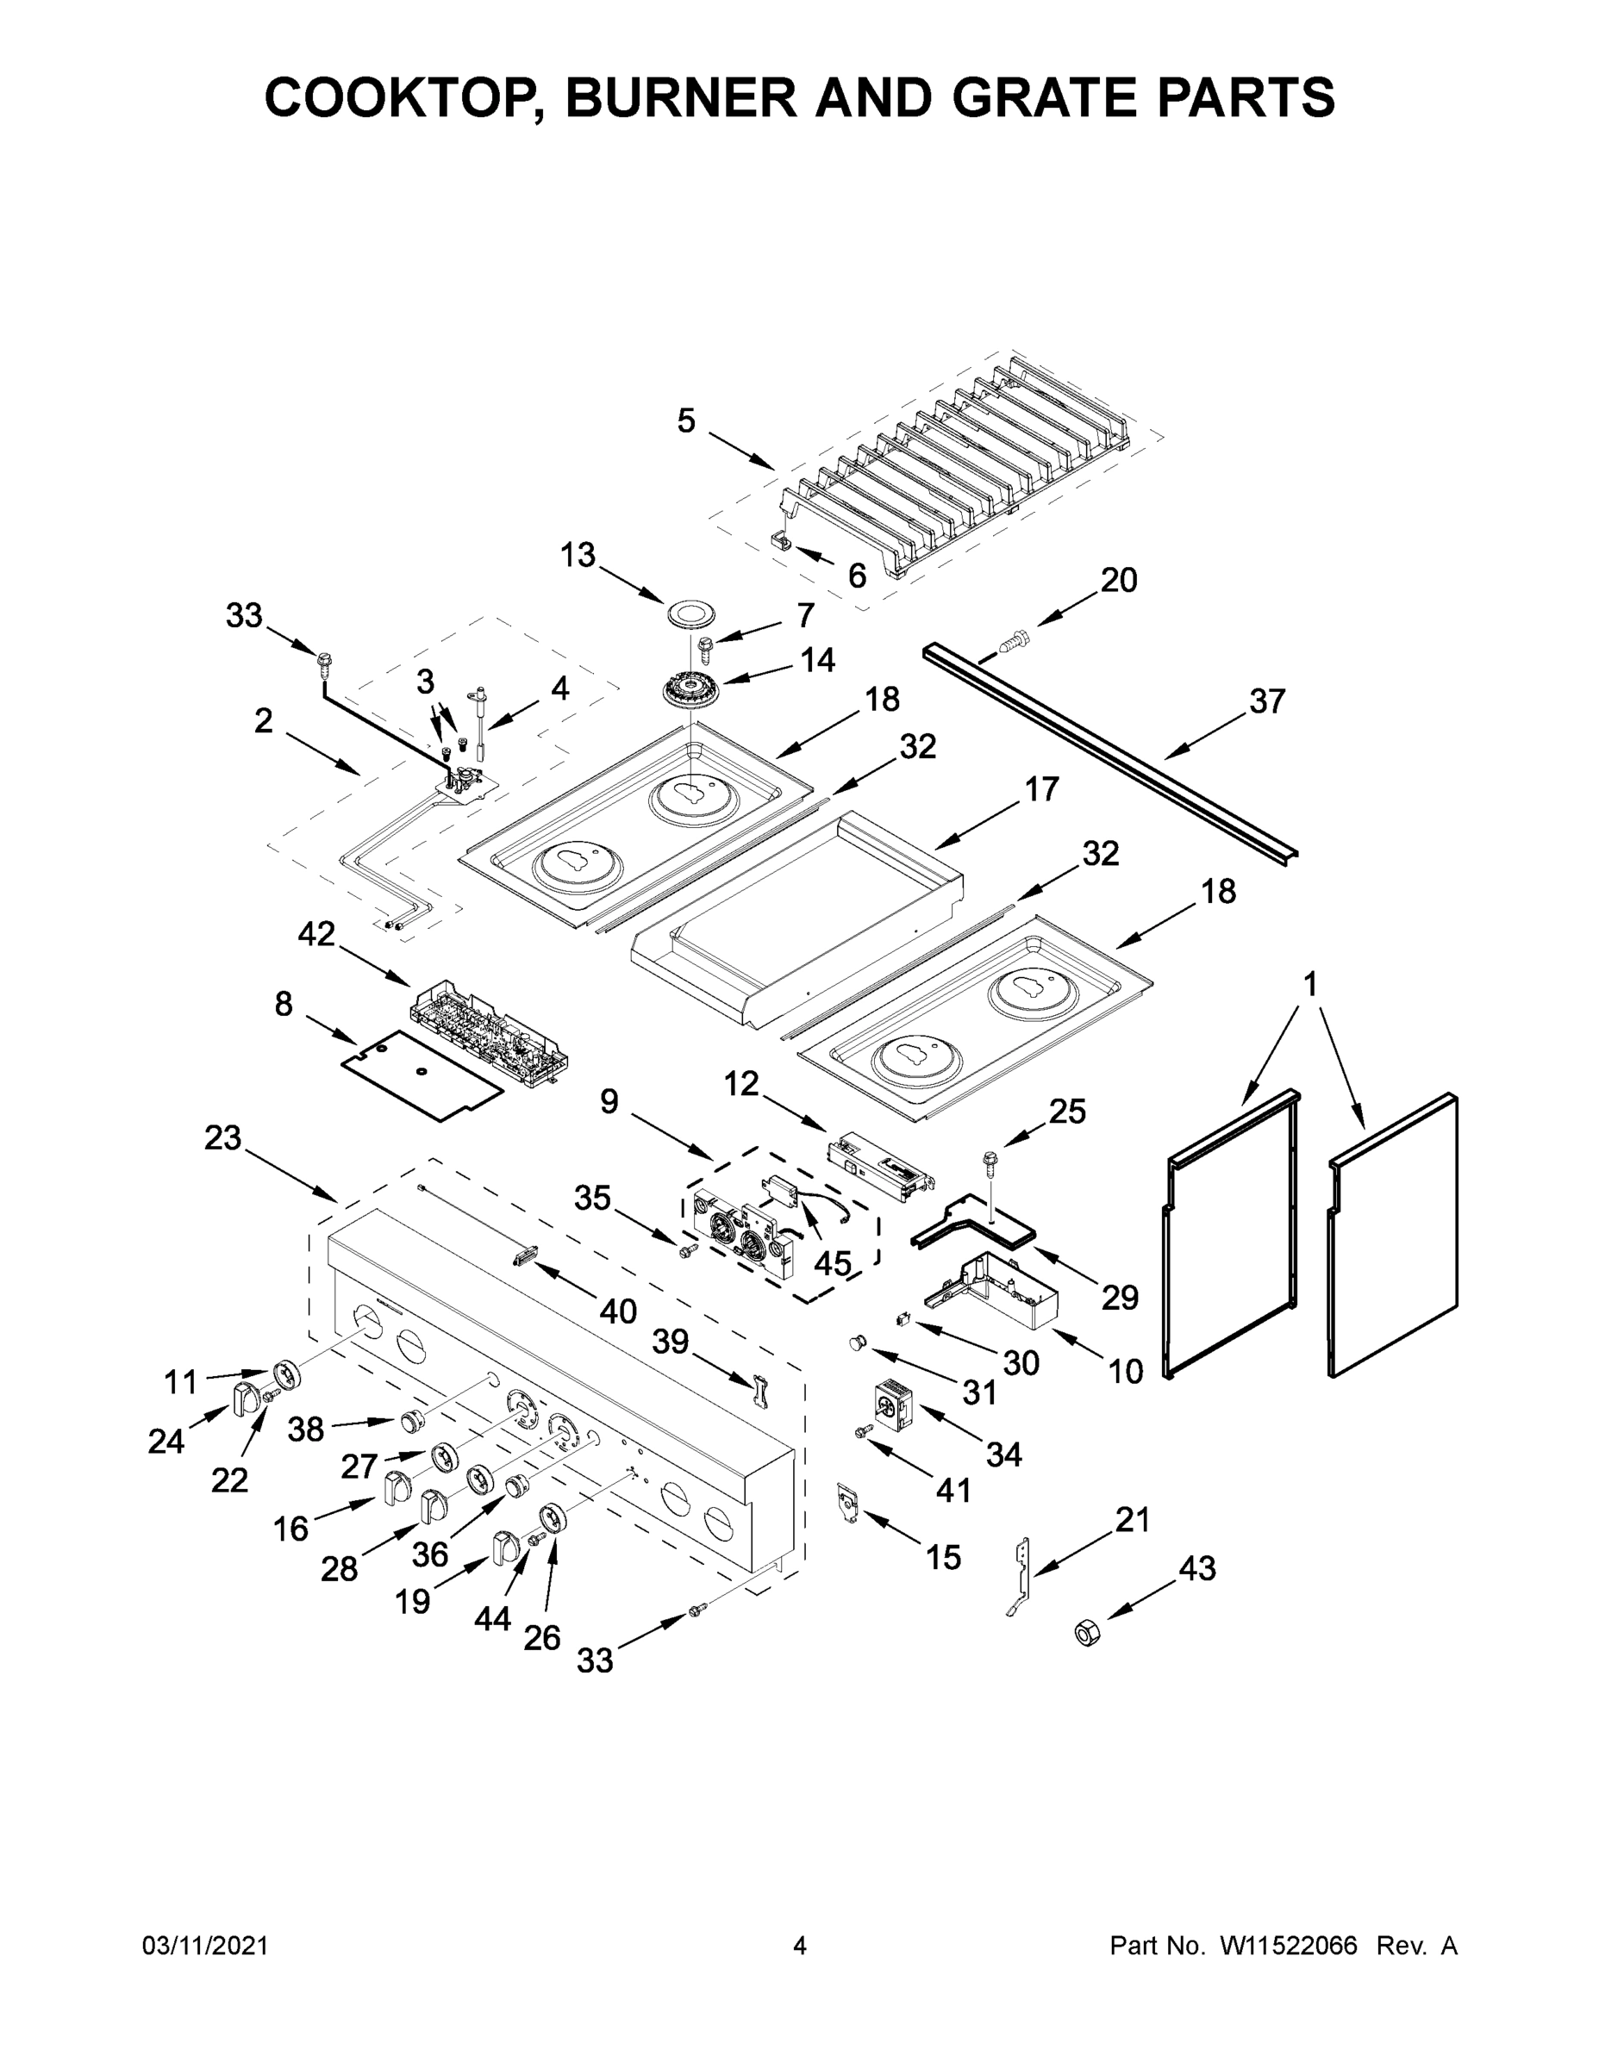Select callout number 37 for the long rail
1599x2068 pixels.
(x=1266, y=701)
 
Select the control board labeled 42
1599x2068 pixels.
(x=489, y=1032)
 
